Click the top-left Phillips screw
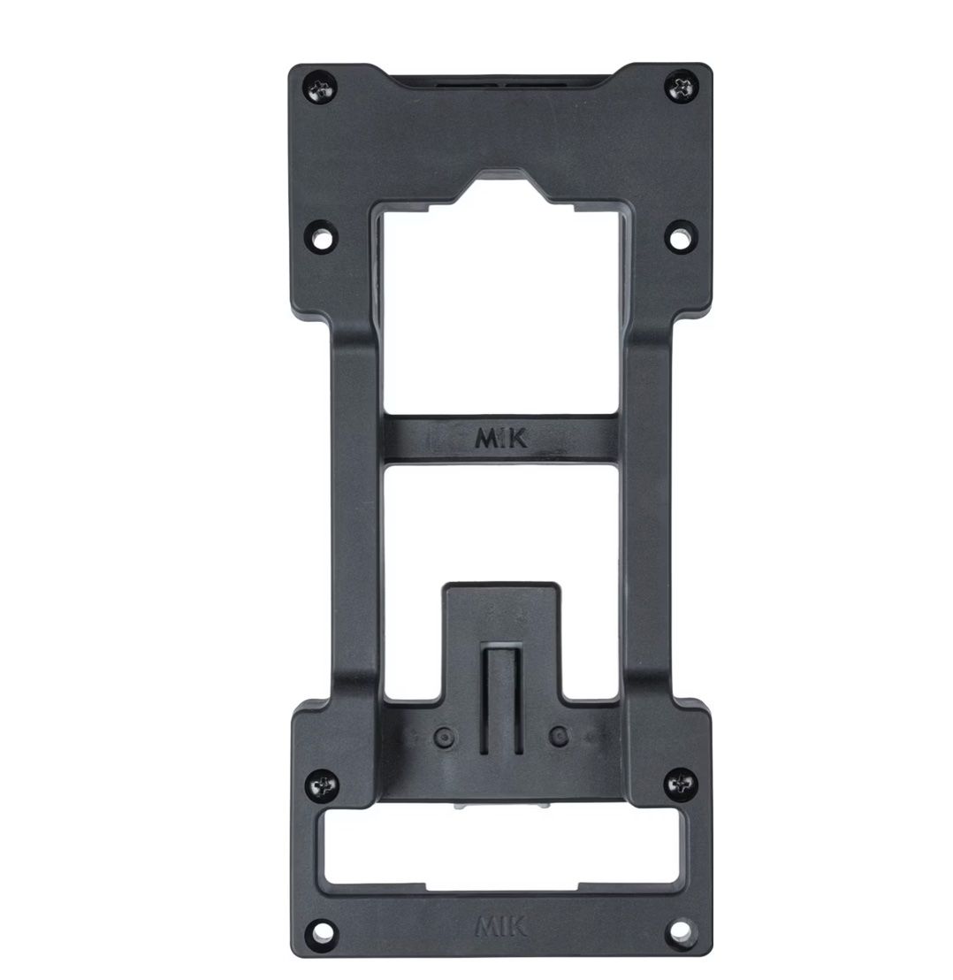tap(322, 88)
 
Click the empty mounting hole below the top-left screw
tap(323, 237)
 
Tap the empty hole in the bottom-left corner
tap(322, 932)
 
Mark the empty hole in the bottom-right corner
tap(682, 931)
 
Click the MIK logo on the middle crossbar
tap(501, 438)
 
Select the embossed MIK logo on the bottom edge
tap(501, 926)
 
